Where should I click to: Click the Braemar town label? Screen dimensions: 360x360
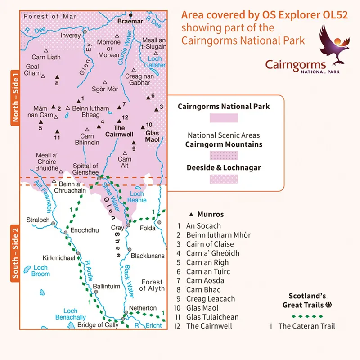[x=130, y=21]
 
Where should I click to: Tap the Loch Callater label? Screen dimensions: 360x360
[x=157, y=62]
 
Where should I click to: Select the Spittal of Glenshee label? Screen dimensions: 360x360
[x=85, y=169]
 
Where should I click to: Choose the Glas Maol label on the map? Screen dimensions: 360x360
[x=153, y=136]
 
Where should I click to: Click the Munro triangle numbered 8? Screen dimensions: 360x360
[x=57, y=77]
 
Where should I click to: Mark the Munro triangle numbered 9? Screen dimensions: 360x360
[x=133, y=143]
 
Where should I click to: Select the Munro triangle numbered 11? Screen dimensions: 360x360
[x=57, y=131]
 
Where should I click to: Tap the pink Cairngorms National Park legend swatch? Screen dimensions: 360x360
[x=224, y=118]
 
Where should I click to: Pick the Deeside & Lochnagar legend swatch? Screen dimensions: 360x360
[x=224, y=180]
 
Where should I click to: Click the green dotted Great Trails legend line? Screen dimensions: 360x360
[x=313, y=316]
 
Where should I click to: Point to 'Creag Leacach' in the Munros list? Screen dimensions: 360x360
[x=210, y=299]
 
